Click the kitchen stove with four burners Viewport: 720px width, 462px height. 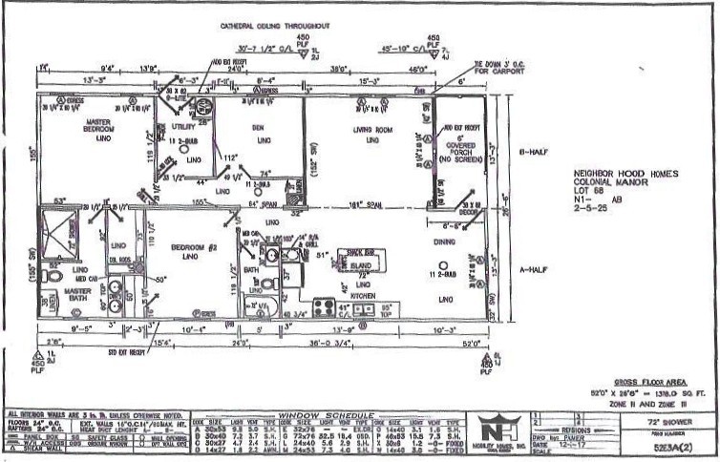click(x=324, y=307)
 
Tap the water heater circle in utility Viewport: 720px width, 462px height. click(x=204, y=108)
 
